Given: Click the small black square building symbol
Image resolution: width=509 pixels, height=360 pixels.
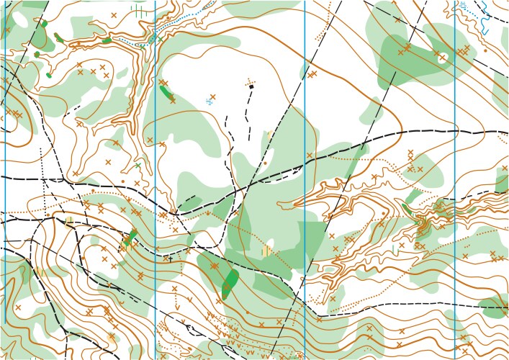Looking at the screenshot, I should (x=251, y=86).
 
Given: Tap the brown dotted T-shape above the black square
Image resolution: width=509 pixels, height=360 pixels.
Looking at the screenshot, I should (x=251, y=80).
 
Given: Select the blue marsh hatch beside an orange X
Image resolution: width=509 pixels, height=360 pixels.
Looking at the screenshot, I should (x=209, y=102).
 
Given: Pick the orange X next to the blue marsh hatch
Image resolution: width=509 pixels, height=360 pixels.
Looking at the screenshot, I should (x=212, y=96).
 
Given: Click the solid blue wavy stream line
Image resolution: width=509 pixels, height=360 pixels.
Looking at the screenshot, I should (x=486, y=18).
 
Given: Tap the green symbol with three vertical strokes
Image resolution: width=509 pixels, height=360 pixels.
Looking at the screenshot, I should (x=139, y=12).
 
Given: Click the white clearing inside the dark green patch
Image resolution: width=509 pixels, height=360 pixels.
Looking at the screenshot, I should (x=441, y=58).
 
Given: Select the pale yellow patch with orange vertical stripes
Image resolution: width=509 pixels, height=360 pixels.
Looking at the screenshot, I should (x=267, y=251).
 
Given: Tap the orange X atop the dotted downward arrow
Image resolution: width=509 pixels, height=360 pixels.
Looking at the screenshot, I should (x=174, y=289).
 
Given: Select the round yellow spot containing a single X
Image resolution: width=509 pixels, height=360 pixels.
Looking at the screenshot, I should (x=112, y=337).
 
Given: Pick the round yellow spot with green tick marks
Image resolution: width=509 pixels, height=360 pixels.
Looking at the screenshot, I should (x=70, y=220).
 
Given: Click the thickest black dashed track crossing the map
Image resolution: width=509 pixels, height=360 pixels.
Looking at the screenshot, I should (x=403, y=133).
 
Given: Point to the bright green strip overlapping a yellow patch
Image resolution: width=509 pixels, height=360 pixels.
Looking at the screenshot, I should (x=130, y=238).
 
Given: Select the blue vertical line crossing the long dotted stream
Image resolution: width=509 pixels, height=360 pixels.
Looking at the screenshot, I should (x=155, y=29).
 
